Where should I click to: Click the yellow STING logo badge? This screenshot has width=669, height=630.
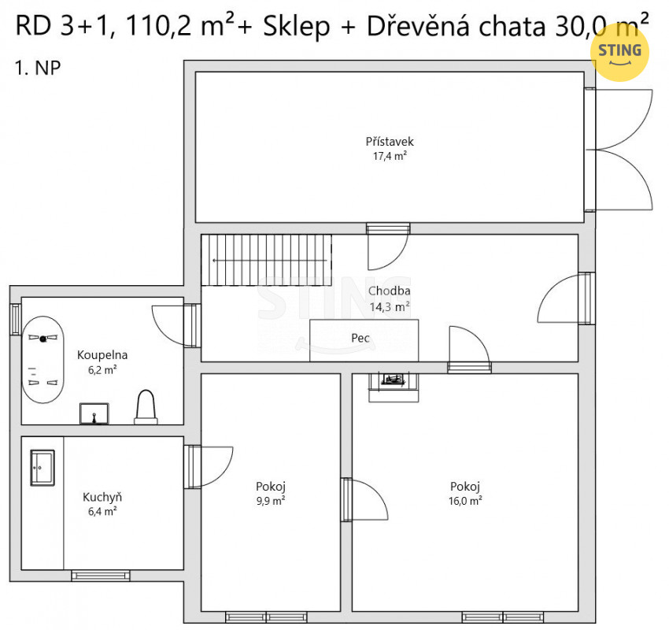point(619,52)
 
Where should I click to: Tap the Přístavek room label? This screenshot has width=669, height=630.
point(390,141)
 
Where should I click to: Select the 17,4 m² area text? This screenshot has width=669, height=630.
point(390,156)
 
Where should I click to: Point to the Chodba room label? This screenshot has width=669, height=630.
point(389,291)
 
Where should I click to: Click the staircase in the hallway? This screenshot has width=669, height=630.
point(266,260)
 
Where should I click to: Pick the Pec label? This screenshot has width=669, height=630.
point(360,338)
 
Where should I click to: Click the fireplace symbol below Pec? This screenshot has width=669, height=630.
point(394,387)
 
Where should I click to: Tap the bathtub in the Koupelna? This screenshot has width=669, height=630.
point(43,359)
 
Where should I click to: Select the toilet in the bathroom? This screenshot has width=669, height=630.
point(146,407)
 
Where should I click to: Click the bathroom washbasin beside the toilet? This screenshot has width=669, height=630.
point(94,413)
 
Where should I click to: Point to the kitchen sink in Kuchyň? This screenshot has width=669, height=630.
point(43,468)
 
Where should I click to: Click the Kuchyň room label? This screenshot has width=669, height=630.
point(102,497)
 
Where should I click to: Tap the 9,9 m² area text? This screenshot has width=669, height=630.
point(271,501)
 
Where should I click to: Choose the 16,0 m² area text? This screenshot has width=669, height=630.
point(465,501)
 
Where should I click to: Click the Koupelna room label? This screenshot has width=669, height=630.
point(102,354)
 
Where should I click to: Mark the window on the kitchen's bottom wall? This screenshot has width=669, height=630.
point(101,576)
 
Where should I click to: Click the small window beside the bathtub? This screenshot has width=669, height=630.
point(16,319)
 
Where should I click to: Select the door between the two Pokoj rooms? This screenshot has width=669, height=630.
point(364,500)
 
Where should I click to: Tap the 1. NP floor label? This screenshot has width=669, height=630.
point(38,68)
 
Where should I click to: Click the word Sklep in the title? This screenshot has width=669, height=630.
point(297,27)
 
